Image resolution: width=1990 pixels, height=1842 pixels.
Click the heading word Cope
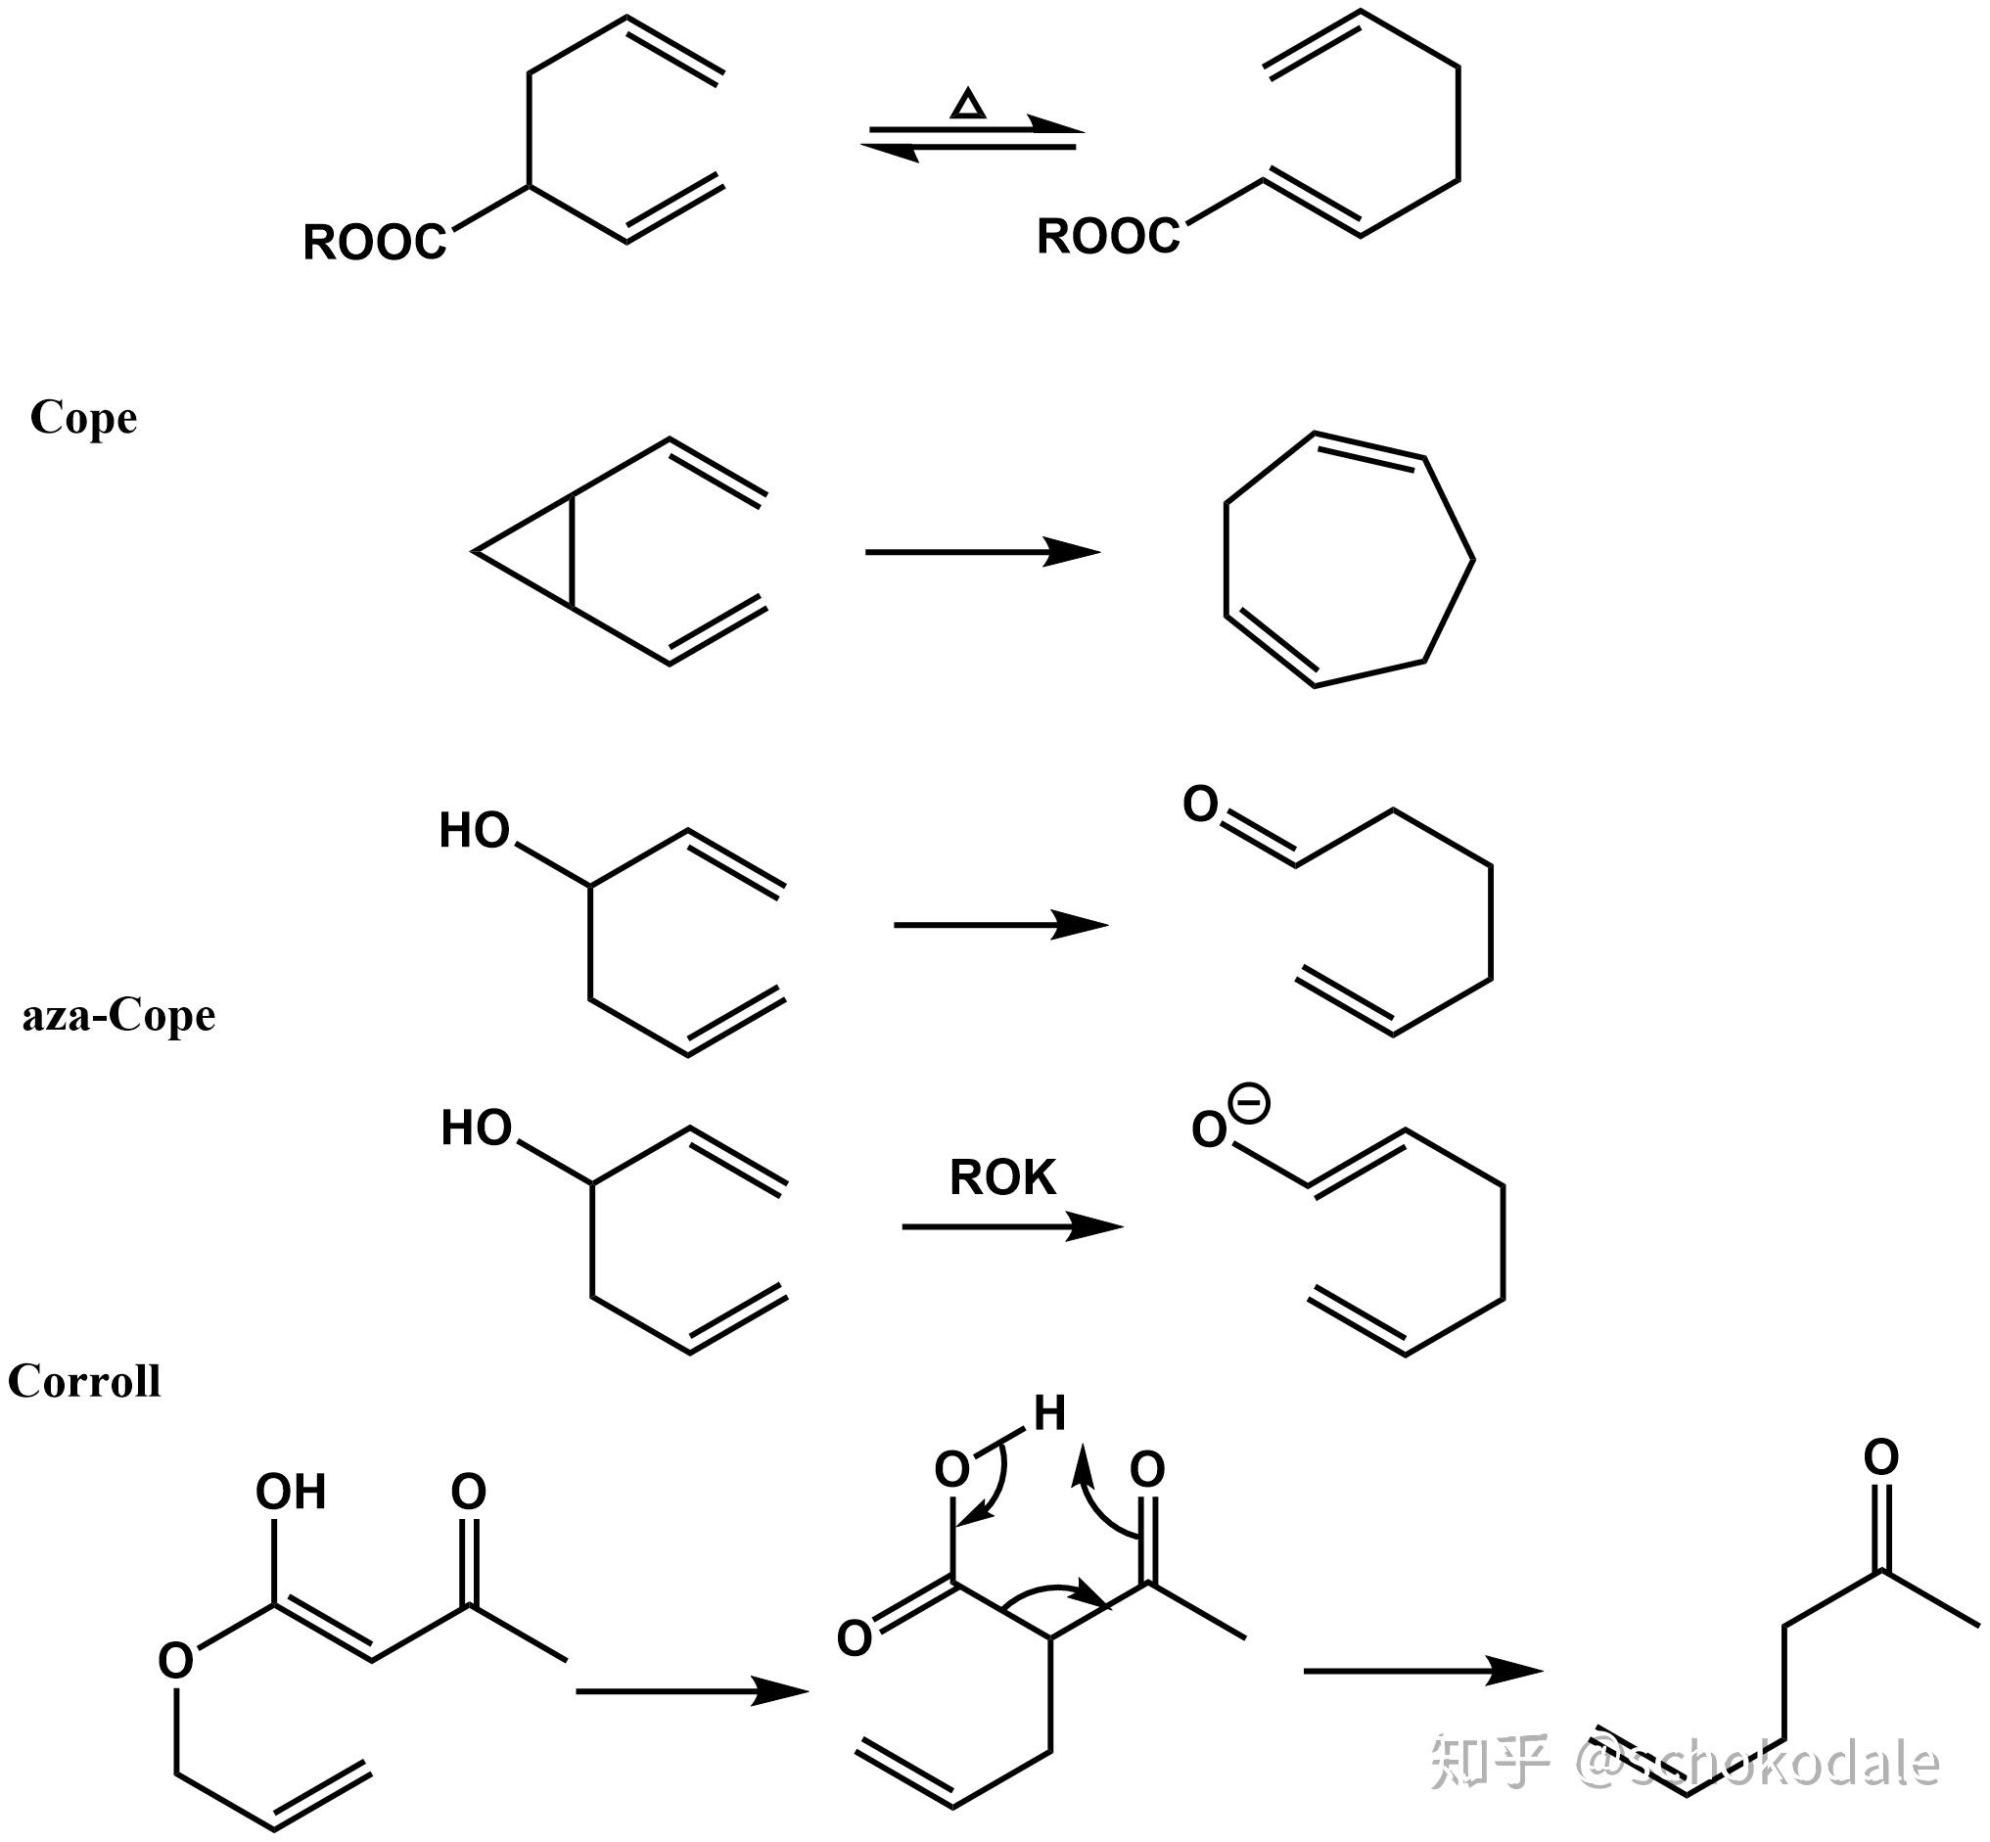pyautogui.click(x=84, y=418)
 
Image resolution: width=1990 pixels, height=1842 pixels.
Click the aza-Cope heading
pyautogui.click(x=118, y=1016)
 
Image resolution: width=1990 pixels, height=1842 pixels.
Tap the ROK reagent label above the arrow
pyautogui.click(x=1002, y=1178)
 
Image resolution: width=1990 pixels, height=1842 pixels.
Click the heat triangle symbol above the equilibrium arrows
pyautogui.click(x=967, y=104)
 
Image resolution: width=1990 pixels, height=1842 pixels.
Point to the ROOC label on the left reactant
pyautogui.click(x=374, y=242)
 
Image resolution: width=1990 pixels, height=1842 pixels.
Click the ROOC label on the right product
pyautogui.click(x=1108, y=236)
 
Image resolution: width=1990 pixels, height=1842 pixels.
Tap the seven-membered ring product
pyautogui.click(x=1348, y=558)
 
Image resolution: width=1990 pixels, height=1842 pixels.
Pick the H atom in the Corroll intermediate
pyautogui.click(x=1049, y=1413)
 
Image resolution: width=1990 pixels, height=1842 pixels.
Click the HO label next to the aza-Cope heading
pyautogui.click(x=475, y=830)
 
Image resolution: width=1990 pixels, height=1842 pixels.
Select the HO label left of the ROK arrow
pyautogui.click(x=477, y=1128)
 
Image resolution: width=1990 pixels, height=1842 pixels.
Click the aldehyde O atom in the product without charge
pyautogui.click(x=1200, y=805)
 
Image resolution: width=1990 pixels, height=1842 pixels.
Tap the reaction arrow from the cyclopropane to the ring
pyautogui.click(x=982, y=551)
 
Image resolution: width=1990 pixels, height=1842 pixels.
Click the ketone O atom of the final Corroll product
pyautogui.click(x=1881, y=1458)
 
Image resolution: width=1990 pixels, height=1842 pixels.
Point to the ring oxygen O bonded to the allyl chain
pyautogui.click(x=175, y=1662)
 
